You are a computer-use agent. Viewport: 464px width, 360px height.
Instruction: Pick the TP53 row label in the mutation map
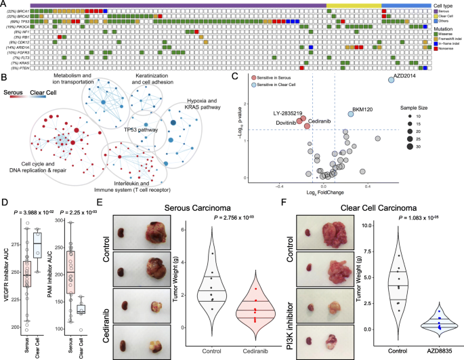pos(23,22)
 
